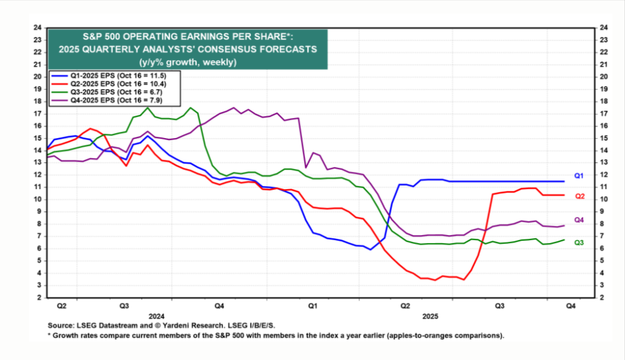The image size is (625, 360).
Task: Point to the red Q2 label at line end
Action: coord(578,196)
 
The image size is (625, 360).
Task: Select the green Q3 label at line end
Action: coord(578,243)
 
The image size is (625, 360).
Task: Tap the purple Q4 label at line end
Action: coord(578,220)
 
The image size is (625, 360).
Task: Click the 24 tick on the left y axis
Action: coord(38,27)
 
